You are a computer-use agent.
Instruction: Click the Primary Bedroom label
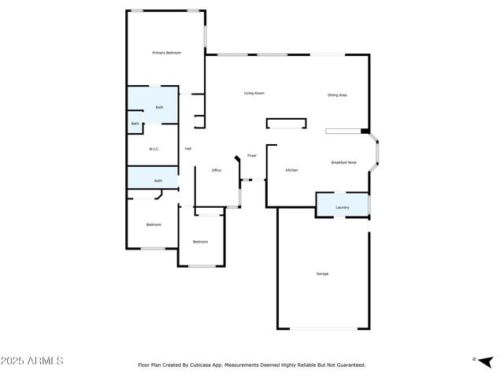(167, 53)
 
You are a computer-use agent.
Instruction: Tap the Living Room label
(254, 93)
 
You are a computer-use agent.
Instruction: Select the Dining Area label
(337, 95)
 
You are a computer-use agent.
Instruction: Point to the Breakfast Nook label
(344, 162)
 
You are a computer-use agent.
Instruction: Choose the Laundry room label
(343, 207)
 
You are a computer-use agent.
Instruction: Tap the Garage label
(322, 273)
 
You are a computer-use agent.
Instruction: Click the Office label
(216, 170)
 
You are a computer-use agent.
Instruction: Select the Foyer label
(252, 156)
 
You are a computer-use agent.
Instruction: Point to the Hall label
(188, 149)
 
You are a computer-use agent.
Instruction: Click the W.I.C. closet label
(154, 149)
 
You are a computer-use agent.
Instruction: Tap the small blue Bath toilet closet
(135, 124)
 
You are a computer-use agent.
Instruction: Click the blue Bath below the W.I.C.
(158, 180)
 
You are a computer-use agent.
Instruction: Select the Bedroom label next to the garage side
(201, 242)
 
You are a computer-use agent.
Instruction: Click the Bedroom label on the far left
(154, 225)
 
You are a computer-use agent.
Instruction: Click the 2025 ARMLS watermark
(32, 361)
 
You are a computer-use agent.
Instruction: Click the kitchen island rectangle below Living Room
(285, 123)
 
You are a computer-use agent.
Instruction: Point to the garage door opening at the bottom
(323, 328)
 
